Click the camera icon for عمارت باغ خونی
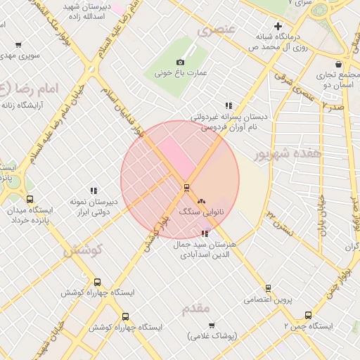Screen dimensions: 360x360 point(180,63)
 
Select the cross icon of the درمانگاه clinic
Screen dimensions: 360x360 point(278,26)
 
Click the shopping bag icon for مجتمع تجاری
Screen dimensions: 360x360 point(338,64)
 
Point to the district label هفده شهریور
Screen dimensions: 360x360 point(288,153)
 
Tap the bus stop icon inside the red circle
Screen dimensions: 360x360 point(186,187)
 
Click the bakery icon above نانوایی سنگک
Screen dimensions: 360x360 point(202,200)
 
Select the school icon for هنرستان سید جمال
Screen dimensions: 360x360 point(205,233)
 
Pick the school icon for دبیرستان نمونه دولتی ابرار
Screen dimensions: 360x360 point(94,191)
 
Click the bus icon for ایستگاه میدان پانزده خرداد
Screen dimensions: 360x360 point(29,199)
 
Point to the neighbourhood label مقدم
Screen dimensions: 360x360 point(196,309)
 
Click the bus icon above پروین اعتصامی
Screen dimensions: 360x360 point(268,288)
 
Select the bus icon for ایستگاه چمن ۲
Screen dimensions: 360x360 point(307,316)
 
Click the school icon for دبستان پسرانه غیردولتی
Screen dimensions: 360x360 point(229,105)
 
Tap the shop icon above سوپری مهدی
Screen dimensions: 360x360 point(18,44)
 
